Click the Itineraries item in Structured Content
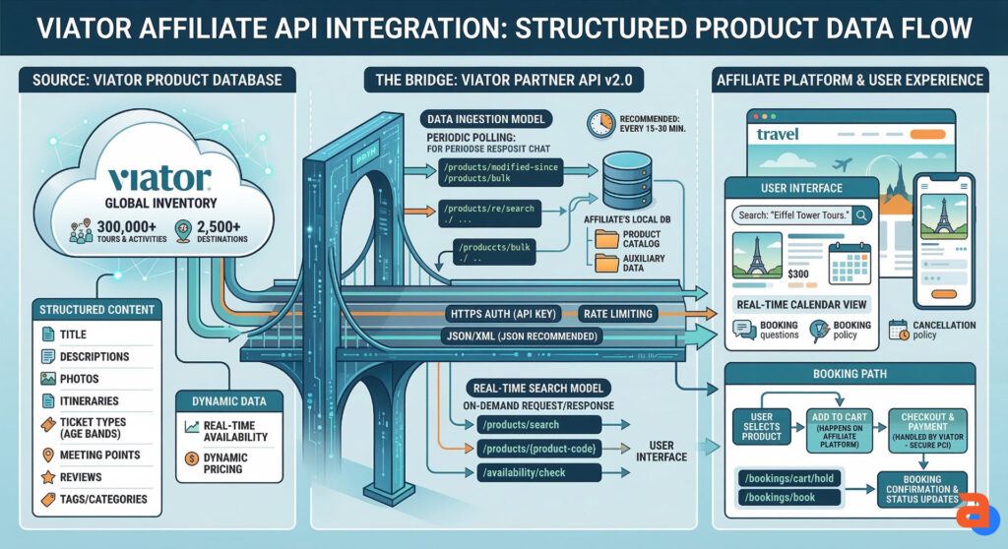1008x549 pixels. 89,400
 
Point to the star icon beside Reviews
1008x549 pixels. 47,476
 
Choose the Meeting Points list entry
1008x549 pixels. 99,455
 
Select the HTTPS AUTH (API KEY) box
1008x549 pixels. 504,314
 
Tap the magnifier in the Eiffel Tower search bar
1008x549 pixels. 861,213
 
